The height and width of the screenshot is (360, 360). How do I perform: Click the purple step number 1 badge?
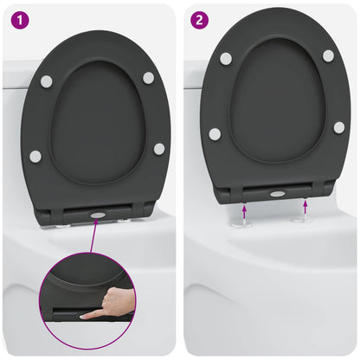(17, 17)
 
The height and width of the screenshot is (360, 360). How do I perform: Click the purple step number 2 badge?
(201, 17)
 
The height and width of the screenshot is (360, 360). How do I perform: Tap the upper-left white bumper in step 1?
(46, 81)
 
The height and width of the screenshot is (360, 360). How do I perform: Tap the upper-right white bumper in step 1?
(148, 78)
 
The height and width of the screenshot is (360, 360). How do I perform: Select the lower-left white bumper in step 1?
(35, 157)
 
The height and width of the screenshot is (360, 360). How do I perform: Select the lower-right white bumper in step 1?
(159, 149)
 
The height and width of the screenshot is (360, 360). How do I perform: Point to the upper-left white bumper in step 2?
(226, 58)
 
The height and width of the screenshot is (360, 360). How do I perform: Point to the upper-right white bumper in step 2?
(328, 55)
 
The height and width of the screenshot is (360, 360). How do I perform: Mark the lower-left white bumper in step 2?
(215, 134)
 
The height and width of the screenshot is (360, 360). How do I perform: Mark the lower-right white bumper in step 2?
(339, 127)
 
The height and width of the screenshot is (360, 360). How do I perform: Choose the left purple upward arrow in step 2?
(244, 209)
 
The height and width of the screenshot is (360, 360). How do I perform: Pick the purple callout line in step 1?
(92, 239)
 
